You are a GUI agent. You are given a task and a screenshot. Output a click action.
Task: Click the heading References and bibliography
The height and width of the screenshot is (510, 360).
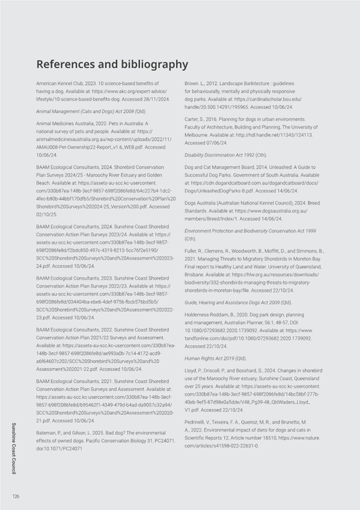[112, 64]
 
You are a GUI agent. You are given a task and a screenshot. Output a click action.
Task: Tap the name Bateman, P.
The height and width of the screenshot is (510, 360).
[50, 433]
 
